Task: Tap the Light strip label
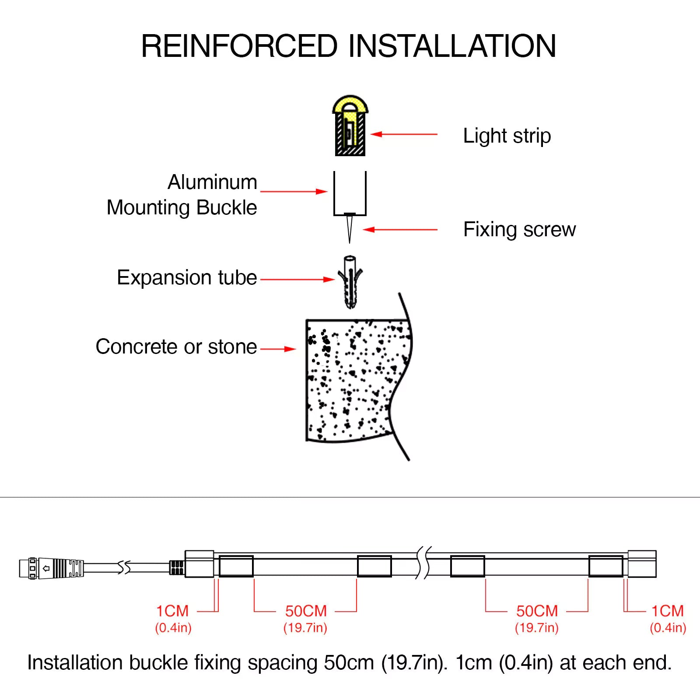click(x=507, y=136)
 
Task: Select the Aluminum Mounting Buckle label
click(x=182, y=195)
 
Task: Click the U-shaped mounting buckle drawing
click(x=350, y=195)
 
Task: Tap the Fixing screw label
click(x=519, y=229)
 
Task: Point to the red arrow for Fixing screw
click(x=400, y=229)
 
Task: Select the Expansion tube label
click(x=187, y=277)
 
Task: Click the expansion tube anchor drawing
click(x=350, y=282)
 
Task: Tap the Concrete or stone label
click(x=176, y=346)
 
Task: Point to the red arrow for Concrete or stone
click(x=278, y=349)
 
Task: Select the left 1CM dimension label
click(x=172, y=611)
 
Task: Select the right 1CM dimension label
click(x=667, y=611)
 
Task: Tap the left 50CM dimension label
click(x=306, y=611)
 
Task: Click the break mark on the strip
click(x=423, y=563)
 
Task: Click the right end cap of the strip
click(x=642, y=564)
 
